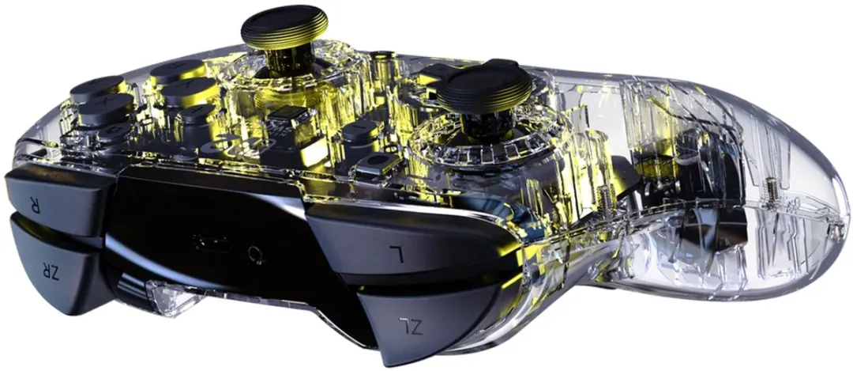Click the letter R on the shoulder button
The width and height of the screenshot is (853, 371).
[36, 207]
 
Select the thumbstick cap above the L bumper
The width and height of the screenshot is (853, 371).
[484, 85]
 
